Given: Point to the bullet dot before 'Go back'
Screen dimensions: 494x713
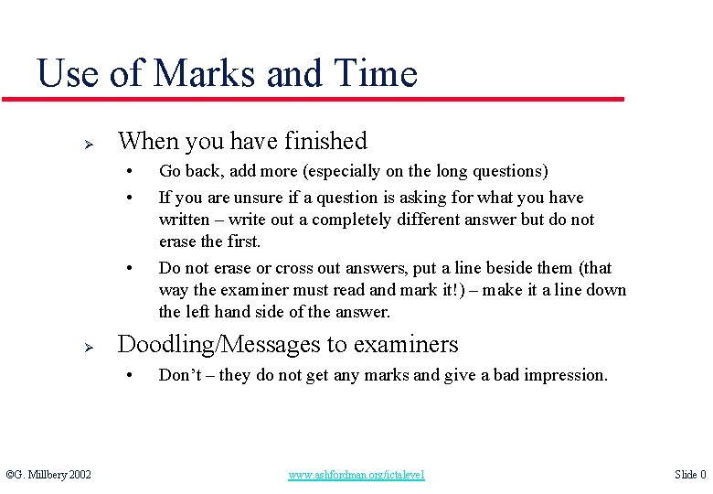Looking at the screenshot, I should point(132,171).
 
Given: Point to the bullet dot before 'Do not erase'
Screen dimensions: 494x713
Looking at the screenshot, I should point(132,268).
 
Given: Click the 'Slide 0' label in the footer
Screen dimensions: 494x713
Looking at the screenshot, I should point(690,475).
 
